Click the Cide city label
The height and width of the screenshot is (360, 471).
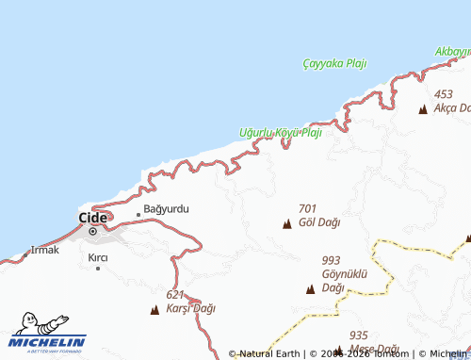coord(92,216)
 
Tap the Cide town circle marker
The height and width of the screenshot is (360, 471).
coord(92,231)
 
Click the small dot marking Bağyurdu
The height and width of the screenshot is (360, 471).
coord(138,214)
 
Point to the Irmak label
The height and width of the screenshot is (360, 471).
coord(45,250)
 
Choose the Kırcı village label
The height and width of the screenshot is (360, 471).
coord(98,256)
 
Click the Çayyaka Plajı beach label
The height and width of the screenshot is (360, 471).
coord(334,63)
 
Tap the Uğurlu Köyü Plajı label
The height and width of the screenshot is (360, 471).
coord(281,133)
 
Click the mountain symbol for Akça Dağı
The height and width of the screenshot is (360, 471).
coord(423,109)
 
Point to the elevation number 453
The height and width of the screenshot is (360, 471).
coord(444,94)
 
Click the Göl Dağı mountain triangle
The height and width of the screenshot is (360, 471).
coord(286,223)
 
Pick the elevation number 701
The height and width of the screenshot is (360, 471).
coord(307,208)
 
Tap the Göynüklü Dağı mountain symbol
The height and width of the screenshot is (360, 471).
coord(310,288)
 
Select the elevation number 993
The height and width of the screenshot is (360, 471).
coord(331,260)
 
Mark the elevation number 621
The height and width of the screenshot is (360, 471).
coord(175,295)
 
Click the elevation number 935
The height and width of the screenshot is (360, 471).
coord(358,335)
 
